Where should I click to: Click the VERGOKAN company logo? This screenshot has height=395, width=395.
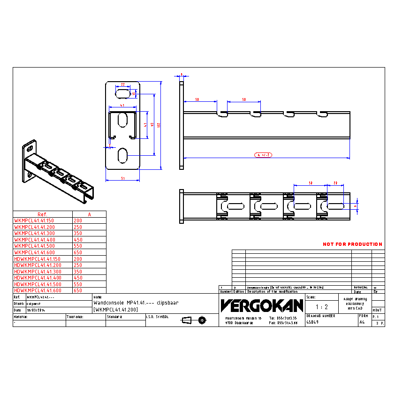click(262, 306)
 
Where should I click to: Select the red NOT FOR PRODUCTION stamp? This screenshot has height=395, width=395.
click(352, 244)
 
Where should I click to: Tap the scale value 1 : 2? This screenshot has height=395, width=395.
click(321, 307)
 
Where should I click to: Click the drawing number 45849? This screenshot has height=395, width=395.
click(312, 323)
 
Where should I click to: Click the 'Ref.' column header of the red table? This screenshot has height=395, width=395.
click(42, 214)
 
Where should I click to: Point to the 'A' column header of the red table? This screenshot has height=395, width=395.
click(89, 214)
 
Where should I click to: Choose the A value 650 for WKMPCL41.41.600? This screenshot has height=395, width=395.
click(78, 252)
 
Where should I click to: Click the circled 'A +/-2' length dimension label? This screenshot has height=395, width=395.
click(264, 154)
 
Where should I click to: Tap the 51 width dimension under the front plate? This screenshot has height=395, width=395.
click(123, 178)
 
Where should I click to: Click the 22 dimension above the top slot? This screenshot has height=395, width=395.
click(123, 85)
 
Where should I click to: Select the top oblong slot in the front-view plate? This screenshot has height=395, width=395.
click(123, 93)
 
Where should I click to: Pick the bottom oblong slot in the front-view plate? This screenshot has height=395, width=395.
click(123, 156)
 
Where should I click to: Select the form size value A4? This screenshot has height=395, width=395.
click(362, 323)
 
